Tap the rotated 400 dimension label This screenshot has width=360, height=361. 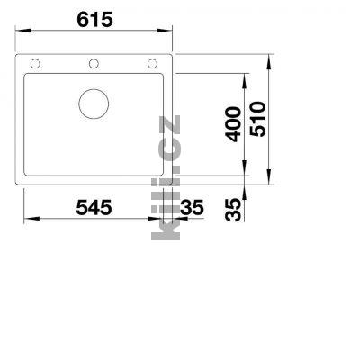click(x=233, y=124)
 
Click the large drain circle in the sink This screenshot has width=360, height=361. click(x=93, y=104)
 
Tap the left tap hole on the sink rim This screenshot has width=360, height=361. click(x=35, y=63)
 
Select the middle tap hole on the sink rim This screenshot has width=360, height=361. click(x=93, y=63)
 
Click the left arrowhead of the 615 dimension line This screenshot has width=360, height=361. click(x=22, y=39)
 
